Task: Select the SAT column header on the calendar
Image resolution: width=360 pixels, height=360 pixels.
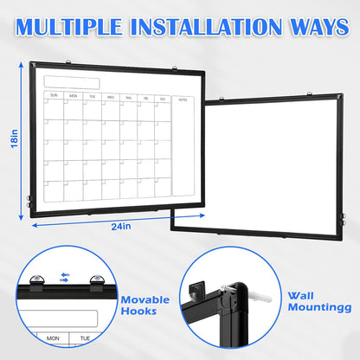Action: (x=164, y=97)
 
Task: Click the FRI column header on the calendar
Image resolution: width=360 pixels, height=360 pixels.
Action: (x=145, y=97)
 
